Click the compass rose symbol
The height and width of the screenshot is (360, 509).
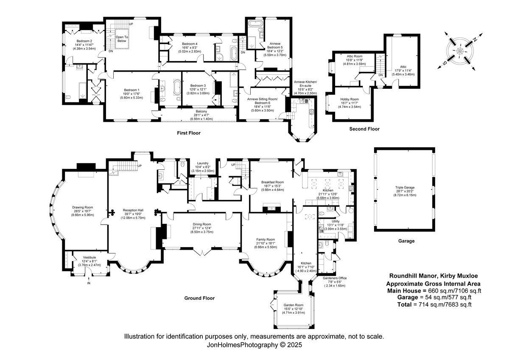pyautogui.click(x=460, y=51)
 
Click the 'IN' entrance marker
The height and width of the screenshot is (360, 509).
pyautogui.click(x=89, y=283)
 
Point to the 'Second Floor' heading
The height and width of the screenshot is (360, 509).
pyautogui.click(x=364, y=129)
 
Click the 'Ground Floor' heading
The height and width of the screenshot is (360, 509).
pyautogui.click(x=199, y=298)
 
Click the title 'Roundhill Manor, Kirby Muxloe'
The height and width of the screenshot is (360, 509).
pyautogui.click(x=433, y=276)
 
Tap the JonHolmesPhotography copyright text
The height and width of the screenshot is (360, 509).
pyautogui.click(x=254, y=345)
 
